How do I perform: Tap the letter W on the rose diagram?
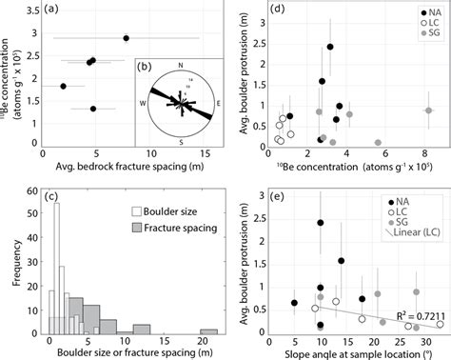click(143, 101)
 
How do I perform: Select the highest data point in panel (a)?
click(127, 38)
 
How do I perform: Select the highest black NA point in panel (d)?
click(330, 46)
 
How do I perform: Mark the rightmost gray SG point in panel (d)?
click(427, 110)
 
